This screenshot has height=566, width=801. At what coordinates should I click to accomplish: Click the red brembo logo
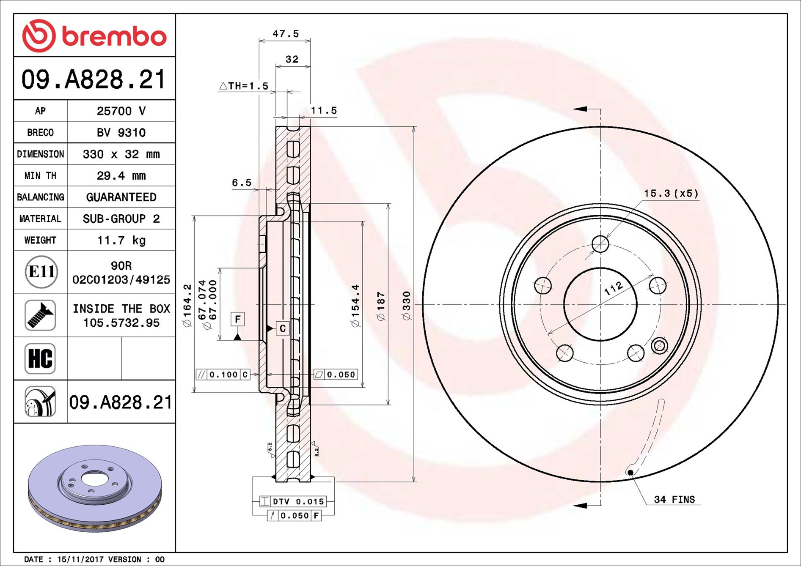pyautogui.click(x=94, y=36)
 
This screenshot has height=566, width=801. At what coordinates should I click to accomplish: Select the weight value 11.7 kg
pyautogui.click(x=121, y=240)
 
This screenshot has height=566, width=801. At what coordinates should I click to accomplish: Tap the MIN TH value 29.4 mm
pyautogui.click(x=121, y=175)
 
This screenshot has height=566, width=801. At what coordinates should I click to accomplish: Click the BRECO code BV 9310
pyautogui.click(x=121, y=132)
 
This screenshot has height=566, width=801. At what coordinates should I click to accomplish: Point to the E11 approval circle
pyautogui.click(x=41, y=272)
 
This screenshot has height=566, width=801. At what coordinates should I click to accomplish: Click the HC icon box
pyautogui.click(x=40, y=358)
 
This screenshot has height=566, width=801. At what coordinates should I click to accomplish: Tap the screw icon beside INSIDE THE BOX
pyautogui.click(x=40, y=315)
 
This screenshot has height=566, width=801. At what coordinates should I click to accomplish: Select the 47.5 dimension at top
pyautogui.click(x=286, y=34)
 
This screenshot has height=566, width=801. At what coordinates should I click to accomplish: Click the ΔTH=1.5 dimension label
pyautogui.click(x=244, y=86)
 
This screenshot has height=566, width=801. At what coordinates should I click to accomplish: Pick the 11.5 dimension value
pyautogui.click(x=324, y=111)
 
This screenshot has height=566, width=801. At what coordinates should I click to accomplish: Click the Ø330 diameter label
pyautogui.click(x=407, y=306)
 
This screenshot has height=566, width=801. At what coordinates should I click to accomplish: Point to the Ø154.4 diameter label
pyautogui.click(x=355, y=306)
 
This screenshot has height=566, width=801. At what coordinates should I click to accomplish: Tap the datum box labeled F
pyautogui.click(x=237, y=319)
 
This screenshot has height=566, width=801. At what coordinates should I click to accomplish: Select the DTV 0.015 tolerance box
pyautogui.click(x=293, y=501)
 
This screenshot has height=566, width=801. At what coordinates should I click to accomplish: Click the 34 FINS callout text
pyautogui.click(x=674, y=500)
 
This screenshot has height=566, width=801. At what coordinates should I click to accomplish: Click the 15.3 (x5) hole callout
pyautogui.click(x=671, y=193)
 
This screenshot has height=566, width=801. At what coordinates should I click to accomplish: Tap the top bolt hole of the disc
pyautogui.click(x=600, y=244)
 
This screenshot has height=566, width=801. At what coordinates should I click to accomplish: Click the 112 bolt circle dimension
pyautogui.click(x=613, y=288)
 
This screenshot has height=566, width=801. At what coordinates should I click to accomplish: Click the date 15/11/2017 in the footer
pyautogui.click(x=80, y=559)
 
